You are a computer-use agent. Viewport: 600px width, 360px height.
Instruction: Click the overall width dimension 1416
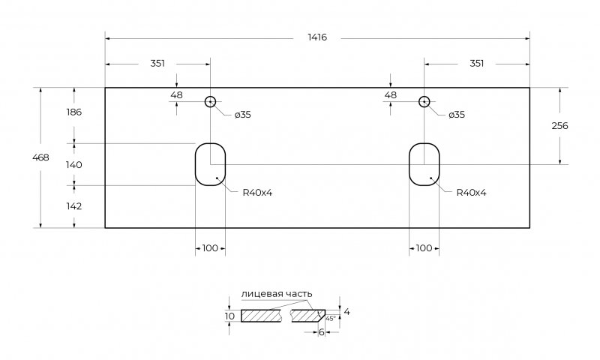click(317, 37)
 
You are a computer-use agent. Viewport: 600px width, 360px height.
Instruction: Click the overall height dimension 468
click(41, 157)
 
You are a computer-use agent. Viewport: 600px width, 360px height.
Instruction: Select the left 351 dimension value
click(157, 64)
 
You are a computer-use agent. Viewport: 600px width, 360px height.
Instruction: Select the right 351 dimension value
click(476, 64)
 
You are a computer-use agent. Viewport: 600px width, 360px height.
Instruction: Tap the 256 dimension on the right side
click(559, 126)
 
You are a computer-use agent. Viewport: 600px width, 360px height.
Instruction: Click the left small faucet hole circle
click(210, 102)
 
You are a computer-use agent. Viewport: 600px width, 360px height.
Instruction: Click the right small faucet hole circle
click(424, 102)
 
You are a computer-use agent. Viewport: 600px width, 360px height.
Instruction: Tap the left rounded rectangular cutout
click(210, 163)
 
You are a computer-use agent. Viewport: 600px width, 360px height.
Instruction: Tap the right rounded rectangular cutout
click(424, 163)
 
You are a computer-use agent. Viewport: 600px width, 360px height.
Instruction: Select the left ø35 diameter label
click(242, 115)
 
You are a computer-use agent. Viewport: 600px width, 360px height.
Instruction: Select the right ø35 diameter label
click(457, 115)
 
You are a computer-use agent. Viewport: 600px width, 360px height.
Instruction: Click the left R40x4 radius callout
click(257, 193)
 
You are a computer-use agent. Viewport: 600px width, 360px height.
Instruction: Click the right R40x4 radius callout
click(472, 193)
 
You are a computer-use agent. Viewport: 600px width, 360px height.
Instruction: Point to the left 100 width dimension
click(211, 248)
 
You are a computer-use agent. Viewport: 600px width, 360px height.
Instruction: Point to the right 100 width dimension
click(424, 248)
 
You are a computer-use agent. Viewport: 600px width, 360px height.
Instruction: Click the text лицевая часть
click(277, 293)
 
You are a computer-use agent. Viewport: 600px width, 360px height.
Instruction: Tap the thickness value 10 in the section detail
click(230, 316)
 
